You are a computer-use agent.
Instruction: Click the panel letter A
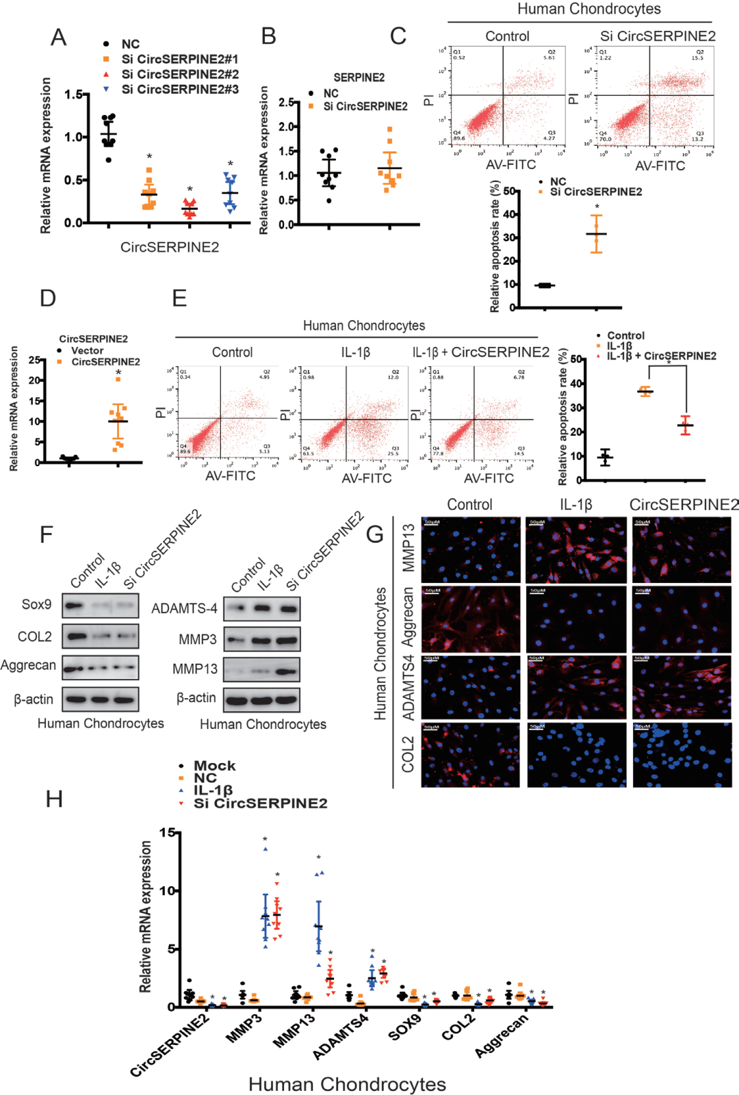click(59, 37)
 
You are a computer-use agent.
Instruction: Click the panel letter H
click(54, 799)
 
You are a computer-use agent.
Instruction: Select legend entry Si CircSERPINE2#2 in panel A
click(180, 74)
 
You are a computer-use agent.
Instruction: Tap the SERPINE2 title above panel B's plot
click(359, 77)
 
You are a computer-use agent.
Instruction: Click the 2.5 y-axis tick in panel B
click(287, 102)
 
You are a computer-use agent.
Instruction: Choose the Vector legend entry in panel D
click(87, 350)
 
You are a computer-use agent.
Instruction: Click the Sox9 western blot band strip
click(101, 606)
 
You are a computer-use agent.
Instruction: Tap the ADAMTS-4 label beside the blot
click(184, 608)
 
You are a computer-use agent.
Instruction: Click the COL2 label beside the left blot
click(35, 636)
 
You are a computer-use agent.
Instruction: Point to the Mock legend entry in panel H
click(214, 766)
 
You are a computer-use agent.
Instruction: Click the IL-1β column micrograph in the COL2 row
click(577, 755)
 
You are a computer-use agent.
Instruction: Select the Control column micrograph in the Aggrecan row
click(471, 619)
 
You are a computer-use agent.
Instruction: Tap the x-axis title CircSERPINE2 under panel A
click(170, 247)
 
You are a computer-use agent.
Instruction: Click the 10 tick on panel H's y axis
click(168, 891)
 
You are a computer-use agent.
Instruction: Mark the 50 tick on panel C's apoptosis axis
click(510, 192)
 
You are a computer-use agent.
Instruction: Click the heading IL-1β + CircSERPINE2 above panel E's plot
click(480, 352)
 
